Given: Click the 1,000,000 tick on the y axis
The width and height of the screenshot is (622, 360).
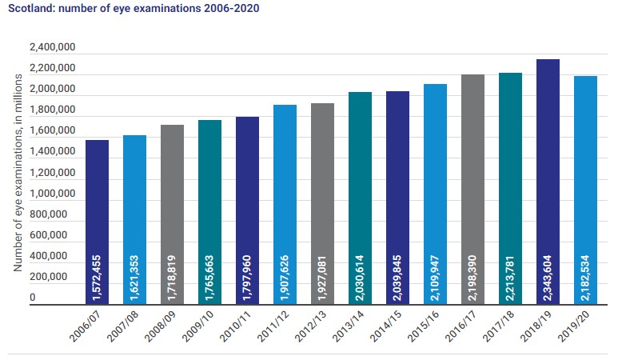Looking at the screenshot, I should point(53,194).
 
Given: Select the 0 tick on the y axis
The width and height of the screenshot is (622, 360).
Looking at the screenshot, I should point(33,298).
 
